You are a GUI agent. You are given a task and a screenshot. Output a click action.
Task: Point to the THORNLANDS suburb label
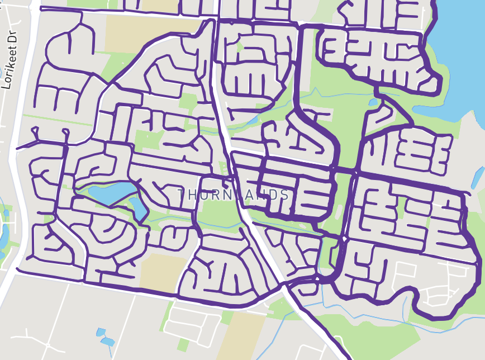[x=234, y=195]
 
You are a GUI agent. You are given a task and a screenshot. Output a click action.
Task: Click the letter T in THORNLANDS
[x=182, y=195]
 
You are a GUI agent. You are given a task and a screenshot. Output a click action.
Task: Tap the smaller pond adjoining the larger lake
[x=138, y=208]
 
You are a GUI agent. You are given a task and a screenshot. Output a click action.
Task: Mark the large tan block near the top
[x=151, y=34]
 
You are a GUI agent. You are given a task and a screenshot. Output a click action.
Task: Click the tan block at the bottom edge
[x=237, y=335]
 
